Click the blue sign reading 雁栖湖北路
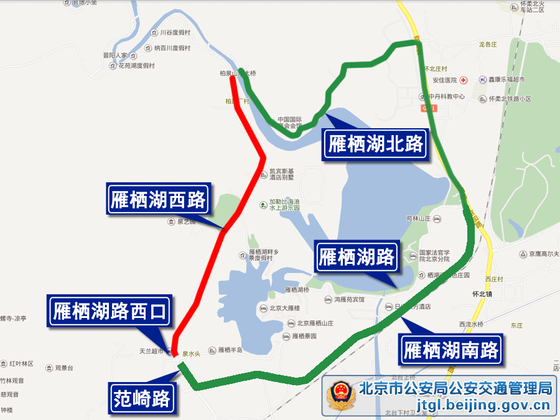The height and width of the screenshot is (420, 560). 375,145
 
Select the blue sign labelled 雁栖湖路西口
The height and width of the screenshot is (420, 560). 110,310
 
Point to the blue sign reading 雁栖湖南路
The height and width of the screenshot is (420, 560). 451,350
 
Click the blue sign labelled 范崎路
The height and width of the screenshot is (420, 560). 142,398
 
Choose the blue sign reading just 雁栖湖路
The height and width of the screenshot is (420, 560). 357,256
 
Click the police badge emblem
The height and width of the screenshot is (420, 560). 340,396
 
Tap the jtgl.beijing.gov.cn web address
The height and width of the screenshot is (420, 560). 455,407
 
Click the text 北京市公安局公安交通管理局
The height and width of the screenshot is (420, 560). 455,389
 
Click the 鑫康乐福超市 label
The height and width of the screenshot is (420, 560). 506,80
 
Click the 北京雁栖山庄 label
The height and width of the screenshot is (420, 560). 315,323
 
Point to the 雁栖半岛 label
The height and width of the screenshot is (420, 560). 229,350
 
